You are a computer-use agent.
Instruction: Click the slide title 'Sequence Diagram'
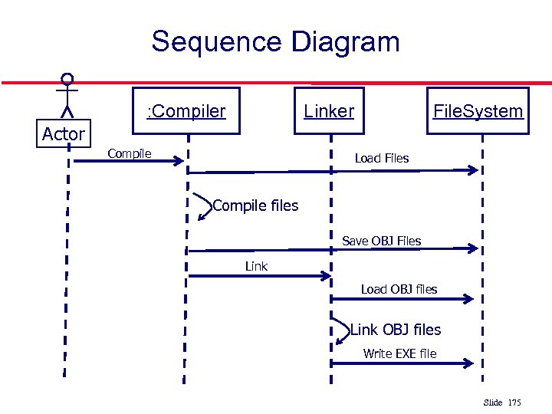click(x=275, y=41)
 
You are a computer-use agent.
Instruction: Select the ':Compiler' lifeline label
click(x=186, y=111)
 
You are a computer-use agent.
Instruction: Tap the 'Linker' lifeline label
click(x=329, y=111)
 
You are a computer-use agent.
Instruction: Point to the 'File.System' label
click(x=478, y=111)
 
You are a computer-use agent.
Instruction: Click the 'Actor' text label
click(x=64, y=134)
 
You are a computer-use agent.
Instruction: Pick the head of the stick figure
click(x=68, y=78)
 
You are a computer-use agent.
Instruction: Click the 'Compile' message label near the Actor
click(x=130, y=153)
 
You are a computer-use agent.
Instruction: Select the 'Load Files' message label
click(x=382, y=159)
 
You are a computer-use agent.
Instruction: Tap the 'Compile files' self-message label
click(x=255, y=205)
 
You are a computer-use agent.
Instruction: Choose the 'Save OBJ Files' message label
click(x=382, y=241)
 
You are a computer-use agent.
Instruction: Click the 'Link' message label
click(x=256, y=266)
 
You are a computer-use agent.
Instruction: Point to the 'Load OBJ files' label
click(x=399, y=289)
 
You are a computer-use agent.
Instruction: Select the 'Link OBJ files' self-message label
click(x=396, y=330)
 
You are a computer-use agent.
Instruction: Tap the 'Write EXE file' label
click(x=399, y=353)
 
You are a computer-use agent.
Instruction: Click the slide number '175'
click(x=514, y=402)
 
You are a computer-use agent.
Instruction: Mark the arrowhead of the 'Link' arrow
click(x=326, y=276)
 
